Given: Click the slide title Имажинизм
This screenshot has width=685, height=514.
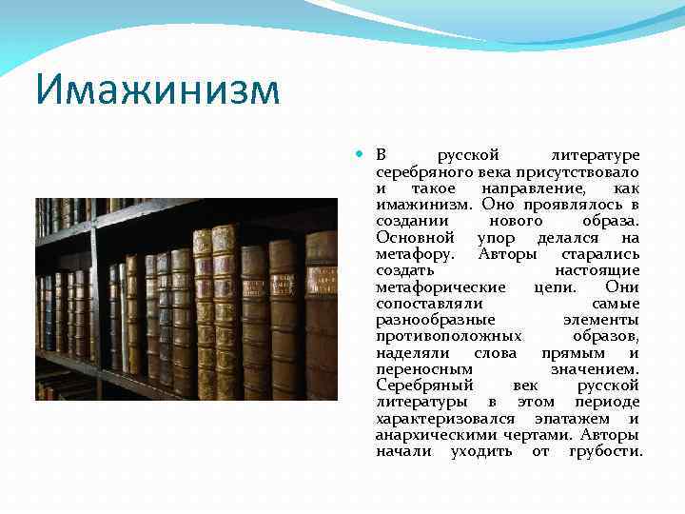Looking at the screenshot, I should pyautogui.click(x=158, y=91).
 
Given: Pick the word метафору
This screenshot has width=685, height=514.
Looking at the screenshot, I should pyautogui.click(x=415, y=254).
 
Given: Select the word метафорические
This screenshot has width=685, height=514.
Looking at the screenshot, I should pyautogui.click(x=439, y=287).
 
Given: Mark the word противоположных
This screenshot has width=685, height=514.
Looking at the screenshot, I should pyautogui.click(x=448, y=336).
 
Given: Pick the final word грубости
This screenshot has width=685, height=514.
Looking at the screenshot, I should pyautogui.click(x=606, y=451).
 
